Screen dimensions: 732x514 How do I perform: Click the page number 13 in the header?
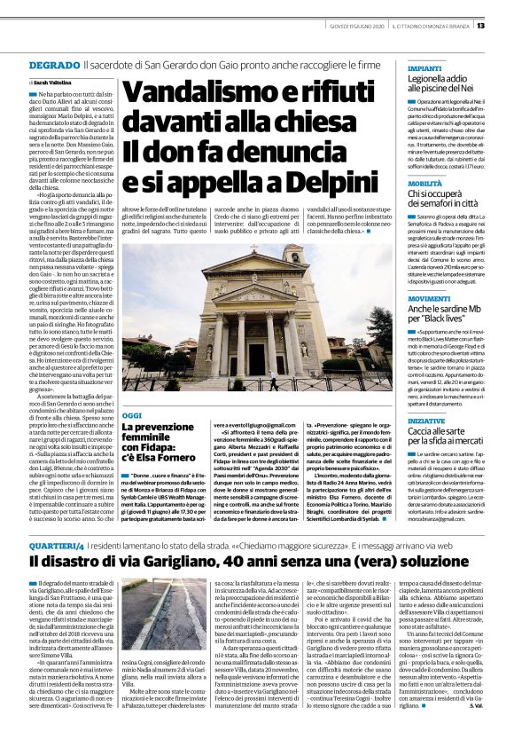[x=504, y=25]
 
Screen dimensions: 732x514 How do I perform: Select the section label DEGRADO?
[x=54, y=66]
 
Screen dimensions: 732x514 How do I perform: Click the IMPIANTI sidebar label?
[x=424, y=67]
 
